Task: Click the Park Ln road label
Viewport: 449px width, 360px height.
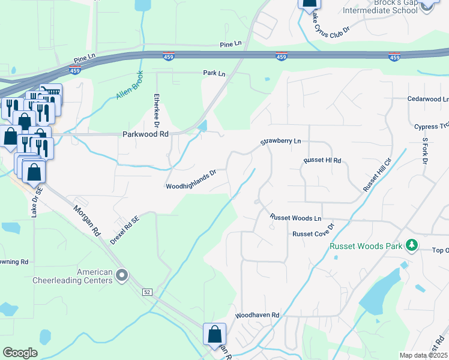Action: point(214,73)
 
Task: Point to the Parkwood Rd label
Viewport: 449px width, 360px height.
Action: point(145,134)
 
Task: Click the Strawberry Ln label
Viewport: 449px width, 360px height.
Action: point(280,142)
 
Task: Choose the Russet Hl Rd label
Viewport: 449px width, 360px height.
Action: point(322,161)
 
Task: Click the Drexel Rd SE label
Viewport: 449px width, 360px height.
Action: point(125,230)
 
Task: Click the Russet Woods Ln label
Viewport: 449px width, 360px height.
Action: point(295,217)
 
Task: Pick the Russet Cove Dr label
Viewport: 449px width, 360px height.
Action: point(313,234)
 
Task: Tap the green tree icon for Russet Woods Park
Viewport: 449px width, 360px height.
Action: point(411,245)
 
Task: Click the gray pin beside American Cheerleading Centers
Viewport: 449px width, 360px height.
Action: point(122,275)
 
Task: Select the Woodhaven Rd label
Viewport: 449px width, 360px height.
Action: point(258,314)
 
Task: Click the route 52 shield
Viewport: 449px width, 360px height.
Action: point(146,292)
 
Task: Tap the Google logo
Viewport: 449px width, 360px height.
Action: point(20,353)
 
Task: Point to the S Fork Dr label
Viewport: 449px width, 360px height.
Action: point(424,151)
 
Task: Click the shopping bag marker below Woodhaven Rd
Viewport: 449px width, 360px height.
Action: point(214,335)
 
